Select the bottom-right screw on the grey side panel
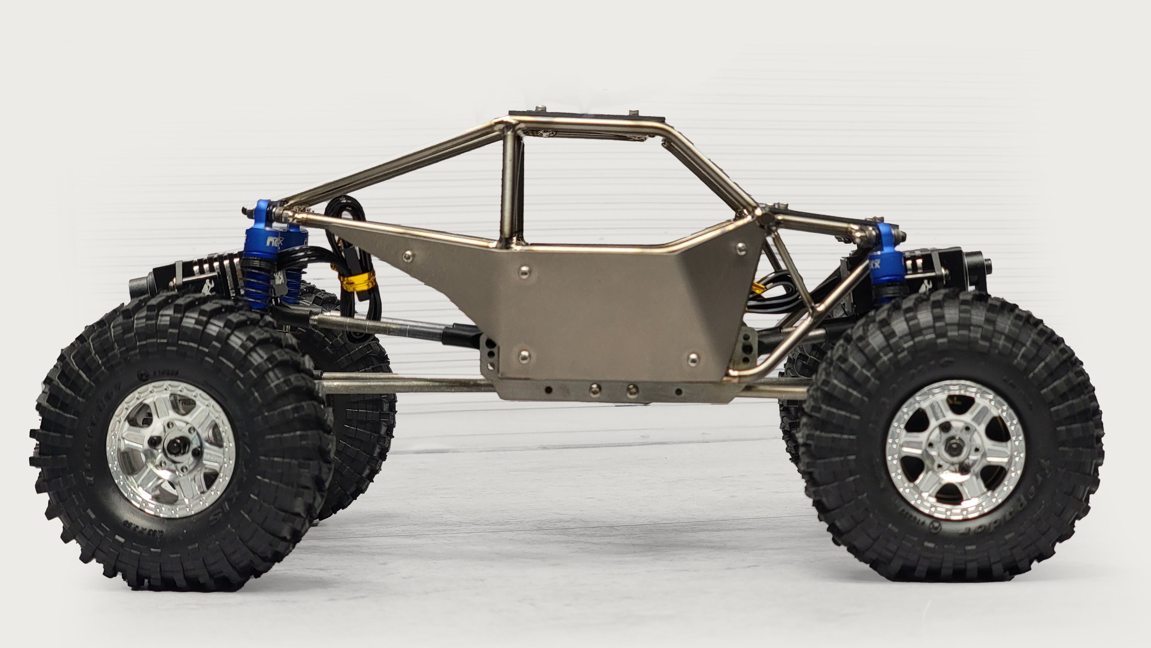click(693, 358)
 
